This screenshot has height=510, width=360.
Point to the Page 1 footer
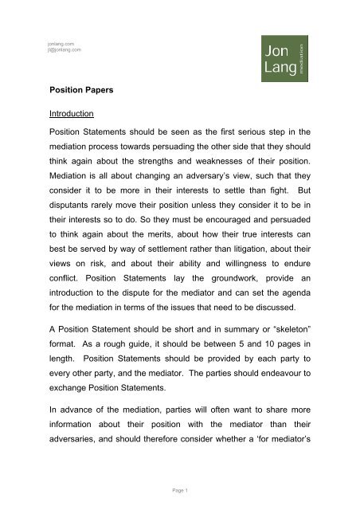click(x=180, y=486)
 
